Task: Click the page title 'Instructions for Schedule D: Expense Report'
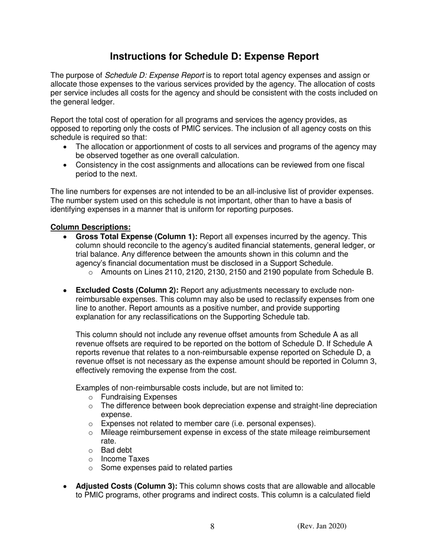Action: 214,57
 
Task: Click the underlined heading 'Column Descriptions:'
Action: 90,227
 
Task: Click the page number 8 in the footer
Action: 212,526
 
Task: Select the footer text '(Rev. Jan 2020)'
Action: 322,526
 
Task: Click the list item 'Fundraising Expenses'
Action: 139,397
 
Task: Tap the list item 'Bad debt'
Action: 117,450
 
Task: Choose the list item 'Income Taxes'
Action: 125,459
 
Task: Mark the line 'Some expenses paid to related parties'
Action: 167,468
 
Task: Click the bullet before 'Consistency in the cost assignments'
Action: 66,165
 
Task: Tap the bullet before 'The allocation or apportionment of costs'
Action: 66,147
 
